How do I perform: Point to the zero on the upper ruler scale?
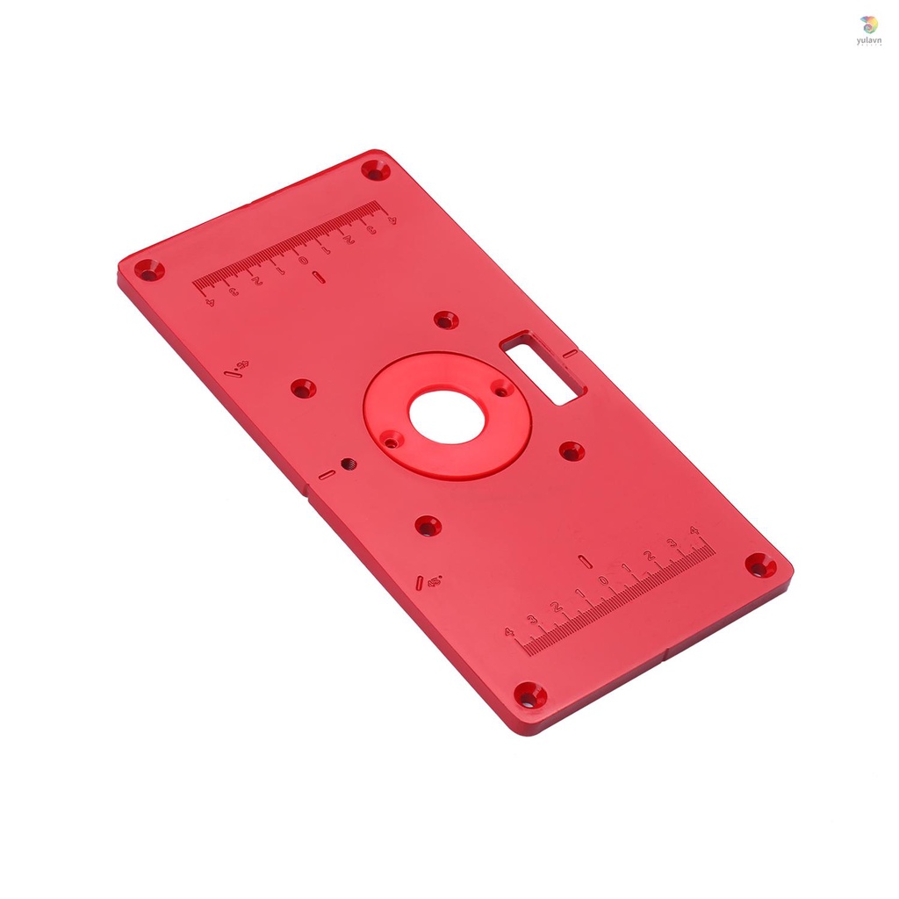(303, 261)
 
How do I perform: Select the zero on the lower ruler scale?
(603, 581)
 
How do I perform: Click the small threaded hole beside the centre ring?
(347, 464)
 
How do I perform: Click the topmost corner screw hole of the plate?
(378, 170)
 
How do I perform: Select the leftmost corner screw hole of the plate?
(143, 268)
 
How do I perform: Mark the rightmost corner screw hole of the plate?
(760, 565)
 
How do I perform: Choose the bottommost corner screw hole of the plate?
(529, 695)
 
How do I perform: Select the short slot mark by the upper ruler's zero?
(318, 278)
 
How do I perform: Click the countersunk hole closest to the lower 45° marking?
(428, 526)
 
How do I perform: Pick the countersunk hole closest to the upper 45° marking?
(303, 387)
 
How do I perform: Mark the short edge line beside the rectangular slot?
(570, 354)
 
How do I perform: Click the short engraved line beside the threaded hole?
(327, 475)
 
